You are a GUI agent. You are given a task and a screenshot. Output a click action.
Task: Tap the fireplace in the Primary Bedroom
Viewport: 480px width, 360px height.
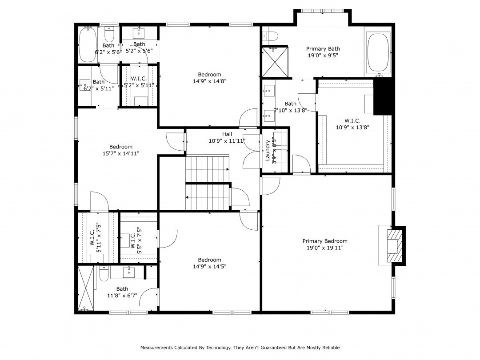392,246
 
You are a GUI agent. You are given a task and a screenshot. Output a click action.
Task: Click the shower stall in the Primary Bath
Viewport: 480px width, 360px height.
274,61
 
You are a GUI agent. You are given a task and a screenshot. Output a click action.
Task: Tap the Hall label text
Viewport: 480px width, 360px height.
227,134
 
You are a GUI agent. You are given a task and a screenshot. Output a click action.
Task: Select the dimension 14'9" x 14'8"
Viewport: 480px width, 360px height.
209,81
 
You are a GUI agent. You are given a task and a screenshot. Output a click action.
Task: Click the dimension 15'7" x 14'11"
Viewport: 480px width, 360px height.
121,153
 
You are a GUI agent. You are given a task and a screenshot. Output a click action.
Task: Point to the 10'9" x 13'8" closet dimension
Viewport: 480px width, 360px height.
352,127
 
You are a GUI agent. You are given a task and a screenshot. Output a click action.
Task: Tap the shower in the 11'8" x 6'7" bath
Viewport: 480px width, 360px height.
86,288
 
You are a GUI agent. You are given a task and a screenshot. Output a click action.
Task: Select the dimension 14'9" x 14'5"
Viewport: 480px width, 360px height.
209,267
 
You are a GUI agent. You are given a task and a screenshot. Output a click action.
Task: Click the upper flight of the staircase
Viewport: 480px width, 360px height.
207,169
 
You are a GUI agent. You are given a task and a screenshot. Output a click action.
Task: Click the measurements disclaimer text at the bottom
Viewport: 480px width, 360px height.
240,348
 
